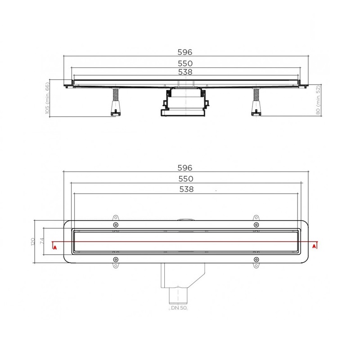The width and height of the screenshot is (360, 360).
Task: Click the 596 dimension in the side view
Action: click(x=185, y=52)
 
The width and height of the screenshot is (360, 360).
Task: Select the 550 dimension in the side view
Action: click(x=185, y=63)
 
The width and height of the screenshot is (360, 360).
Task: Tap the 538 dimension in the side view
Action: click(x=185, y=72)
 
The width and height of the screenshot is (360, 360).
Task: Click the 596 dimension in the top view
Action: click(x=185, y=168)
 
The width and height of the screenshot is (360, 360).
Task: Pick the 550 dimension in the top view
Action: click(x=186, y=179)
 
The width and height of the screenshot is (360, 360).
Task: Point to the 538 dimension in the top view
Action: click(x=186, y=189)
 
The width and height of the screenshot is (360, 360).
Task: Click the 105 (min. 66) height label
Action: click(x=47, y=98)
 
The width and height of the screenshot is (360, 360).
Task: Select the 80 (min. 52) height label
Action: click(x=318, y=100)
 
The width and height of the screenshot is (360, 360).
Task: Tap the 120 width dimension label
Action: click(x=33, y=242)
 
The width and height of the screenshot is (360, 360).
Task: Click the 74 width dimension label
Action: click(x=42, y=241)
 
